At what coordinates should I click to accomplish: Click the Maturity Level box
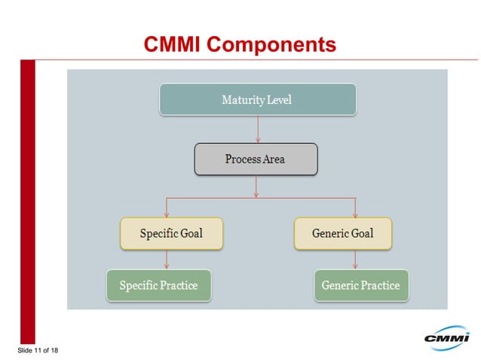coord(257,99)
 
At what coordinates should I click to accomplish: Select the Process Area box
coord(256,159)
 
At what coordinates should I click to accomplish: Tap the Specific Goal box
coord(171,233)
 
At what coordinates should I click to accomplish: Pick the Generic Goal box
coord(342,233)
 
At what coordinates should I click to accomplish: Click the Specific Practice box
coord(158,285)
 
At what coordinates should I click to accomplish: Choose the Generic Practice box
coord(360,285)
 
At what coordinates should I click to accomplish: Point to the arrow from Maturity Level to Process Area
coord(258,129)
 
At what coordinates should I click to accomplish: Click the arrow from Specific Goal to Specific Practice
coord(167,260)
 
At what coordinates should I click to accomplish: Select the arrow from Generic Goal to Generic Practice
coord(355,260)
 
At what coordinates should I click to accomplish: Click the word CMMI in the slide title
coord(173,45)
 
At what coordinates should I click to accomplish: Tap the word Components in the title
coord(271,45)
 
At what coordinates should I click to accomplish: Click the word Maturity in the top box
coord(240,99)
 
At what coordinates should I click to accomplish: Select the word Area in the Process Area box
coord(274,159)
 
